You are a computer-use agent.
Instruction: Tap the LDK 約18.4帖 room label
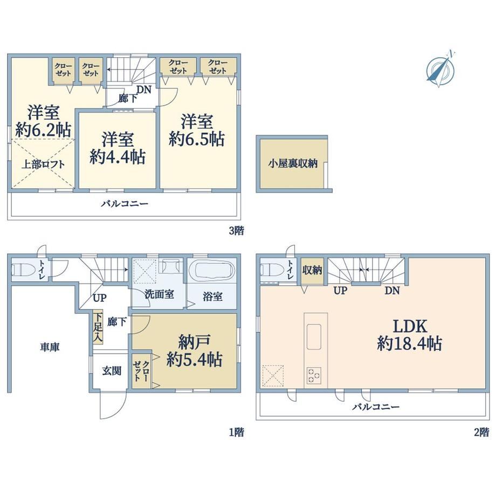pyautogui.click(x=410, y=335)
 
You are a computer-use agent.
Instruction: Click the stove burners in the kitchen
pyautogui.click(x=313, y=375)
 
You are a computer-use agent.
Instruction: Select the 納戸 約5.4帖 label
pyautogui.click(x=194, y=350)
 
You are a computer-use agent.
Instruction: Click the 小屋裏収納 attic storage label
pyautogui.click(x=293, y=163)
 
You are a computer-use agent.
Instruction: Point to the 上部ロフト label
pyautogui.click(x=43, y=164)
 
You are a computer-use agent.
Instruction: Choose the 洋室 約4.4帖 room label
pyautogui.click(x=118, y=148)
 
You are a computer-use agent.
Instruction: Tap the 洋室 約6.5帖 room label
pyautogui.click(x=197, y=130)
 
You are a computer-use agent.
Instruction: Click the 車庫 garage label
pyautogui.click(x=50, y=347)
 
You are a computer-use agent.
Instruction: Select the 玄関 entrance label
pyautogui.click(x=112, y=371)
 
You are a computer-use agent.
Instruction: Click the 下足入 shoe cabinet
pyautogui.click(x=98, y=328)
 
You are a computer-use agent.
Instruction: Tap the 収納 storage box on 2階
pyautogui.click(x=312, y=271)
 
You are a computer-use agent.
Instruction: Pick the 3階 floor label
pyautogui.click(x=237, y=231)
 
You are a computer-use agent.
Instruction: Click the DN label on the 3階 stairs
pyautogui.click(x=144, y=89)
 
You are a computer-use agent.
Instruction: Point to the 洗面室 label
pyautogui.click(x=159, y=294)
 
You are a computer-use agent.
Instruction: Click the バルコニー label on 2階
pyautogui.click(x=376, y=407)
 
